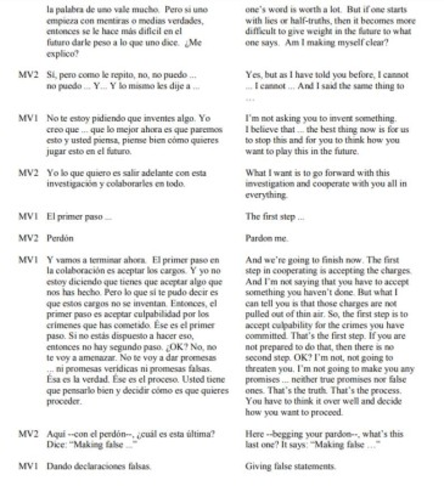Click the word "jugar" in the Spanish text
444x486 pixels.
pyautogui.click(x=57, y=151)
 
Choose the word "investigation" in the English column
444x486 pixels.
pyautogui.click(x=269, y=184)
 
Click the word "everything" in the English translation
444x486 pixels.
pyautogui.click(x=267, y=195)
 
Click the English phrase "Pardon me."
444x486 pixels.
pyautogui.click(x=267, y=238)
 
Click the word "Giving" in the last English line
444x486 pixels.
pyautogui.click(x=258, y=466)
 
